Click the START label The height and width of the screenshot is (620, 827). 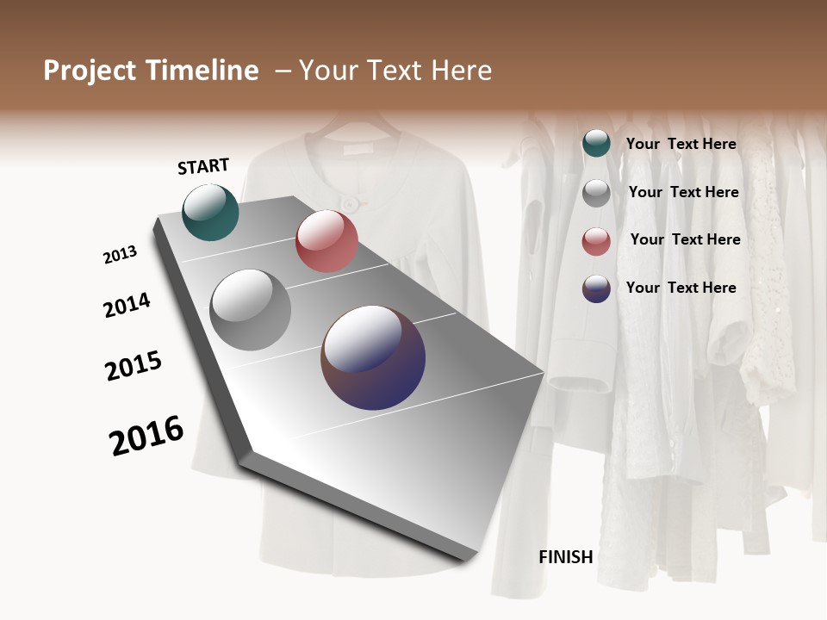click(203, 166)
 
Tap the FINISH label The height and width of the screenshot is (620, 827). click(565, 557)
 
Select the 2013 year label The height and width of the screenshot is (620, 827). click(120, 255)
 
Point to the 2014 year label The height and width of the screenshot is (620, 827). click(127, 305)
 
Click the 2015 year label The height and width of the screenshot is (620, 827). click(134, 366)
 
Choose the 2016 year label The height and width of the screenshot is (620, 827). click(146, 436)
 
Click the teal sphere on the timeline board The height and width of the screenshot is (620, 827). click(210, 212)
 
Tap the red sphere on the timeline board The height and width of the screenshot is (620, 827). click(326, 241)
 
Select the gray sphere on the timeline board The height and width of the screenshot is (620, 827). click(251, 309)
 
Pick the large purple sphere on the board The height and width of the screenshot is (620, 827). click(373, 357)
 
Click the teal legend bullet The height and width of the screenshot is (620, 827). click(596, 143)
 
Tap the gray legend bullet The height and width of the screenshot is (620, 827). click(596, 193)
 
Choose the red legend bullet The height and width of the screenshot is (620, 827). click(596, 240)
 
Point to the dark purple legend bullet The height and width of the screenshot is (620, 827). click(596, 288)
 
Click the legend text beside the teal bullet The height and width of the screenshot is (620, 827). click(681, 145)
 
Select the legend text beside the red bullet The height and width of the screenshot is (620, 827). click(685, 239)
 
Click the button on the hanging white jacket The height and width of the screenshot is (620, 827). click(350, 202)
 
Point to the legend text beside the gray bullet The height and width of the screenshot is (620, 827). click(683, 192)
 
